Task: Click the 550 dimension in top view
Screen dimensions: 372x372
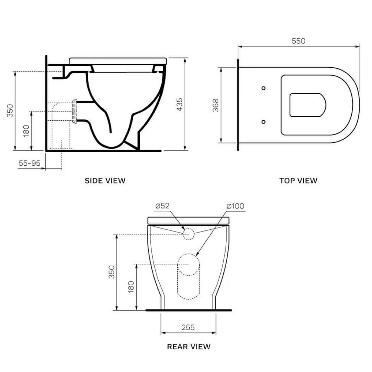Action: tap(299, 41)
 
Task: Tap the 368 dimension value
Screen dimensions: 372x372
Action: tap(216, 105)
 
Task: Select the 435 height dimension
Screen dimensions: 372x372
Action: tap(179, 104)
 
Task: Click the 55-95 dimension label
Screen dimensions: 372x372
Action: tap(29, 163)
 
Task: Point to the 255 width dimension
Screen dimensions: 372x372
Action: tap(188, 327)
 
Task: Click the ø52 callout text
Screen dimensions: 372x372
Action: tap(162, 206)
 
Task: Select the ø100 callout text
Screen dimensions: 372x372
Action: tap(235, 206)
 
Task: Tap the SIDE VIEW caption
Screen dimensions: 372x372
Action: tap(105, 181)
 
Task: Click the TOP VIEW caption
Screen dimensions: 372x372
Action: tap(298, 181)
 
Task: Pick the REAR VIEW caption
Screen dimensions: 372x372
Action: tap(189, 347)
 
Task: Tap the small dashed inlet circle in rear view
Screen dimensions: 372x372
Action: tap(188, 234)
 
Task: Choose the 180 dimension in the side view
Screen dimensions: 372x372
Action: tap(26, 130)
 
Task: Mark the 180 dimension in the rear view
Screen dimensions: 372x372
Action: tap(131, 287)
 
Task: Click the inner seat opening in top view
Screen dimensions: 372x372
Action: tap(307, 105)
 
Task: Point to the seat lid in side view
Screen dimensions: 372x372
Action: tap(118, 60)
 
